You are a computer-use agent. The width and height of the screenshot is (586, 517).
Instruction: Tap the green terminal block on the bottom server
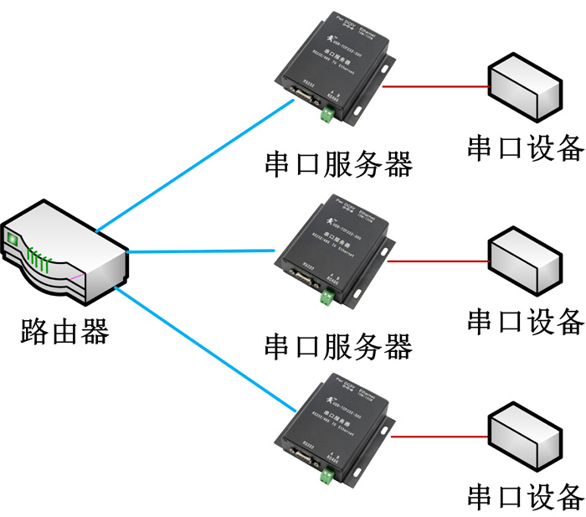(x=325, y=478)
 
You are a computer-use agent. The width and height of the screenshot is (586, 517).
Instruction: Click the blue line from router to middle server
(x=201, y=250)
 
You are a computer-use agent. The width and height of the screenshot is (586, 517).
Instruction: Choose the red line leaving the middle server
(x=435, y=261)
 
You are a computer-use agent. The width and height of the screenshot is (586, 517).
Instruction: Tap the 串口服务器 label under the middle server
(x=338, y=344)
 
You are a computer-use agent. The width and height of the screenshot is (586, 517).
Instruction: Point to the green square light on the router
(x=13, y=240)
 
